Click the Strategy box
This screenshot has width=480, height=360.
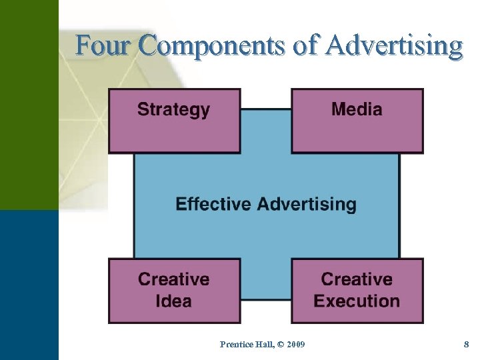[174, 121]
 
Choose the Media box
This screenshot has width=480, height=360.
[357, 121]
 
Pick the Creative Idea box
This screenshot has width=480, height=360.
[174, 291]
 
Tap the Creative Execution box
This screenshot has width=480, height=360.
[357, 291]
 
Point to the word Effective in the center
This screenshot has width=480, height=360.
[214, 204]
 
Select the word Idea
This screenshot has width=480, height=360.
[173, 301]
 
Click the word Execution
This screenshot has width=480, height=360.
[357, 301]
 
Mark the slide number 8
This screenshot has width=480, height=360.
[467, 344]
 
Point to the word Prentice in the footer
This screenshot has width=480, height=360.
[235, 344]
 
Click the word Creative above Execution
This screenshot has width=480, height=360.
[357, 279]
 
